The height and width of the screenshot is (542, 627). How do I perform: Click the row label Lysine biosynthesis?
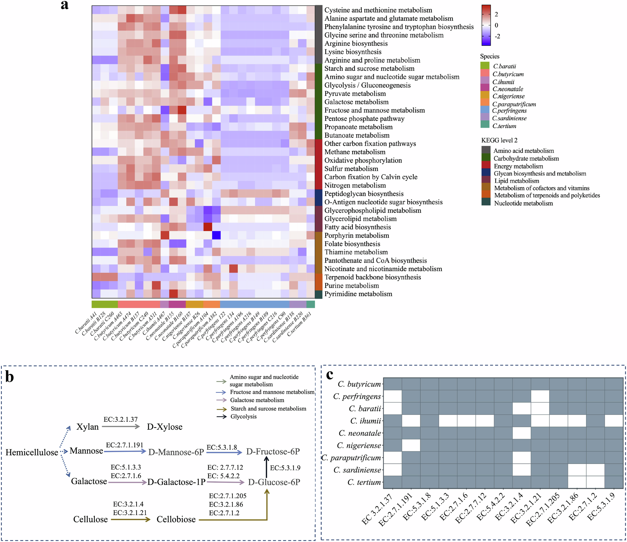tap(352, 52)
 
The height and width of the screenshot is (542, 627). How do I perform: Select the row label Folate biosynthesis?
tap(352, 244)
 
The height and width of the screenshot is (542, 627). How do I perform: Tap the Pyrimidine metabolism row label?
tap(358, 294)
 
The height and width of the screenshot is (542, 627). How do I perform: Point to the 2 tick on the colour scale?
tap(496, 14)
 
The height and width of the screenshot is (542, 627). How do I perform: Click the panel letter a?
tap(65, 5)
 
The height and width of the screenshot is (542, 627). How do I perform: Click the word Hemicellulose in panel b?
tap(32, 452)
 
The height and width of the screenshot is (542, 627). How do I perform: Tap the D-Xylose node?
tap(165, 427)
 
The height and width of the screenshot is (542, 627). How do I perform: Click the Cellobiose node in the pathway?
tap(176, 519)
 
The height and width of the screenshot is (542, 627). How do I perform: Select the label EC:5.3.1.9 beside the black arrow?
tap(285, 468)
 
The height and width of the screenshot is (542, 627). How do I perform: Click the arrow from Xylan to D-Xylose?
tap(121, 427)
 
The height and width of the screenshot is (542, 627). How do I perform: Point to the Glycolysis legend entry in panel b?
tap(243, 416)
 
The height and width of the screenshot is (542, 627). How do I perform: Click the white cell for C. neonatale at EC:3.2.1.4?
tap(521, 433)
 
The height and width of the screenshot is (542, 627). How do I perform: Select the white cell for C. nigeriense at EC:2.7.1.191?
tap(411, 445)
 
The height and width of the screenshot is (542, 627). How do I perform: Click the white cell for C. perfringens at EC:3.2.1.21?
tap(540, 396)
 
